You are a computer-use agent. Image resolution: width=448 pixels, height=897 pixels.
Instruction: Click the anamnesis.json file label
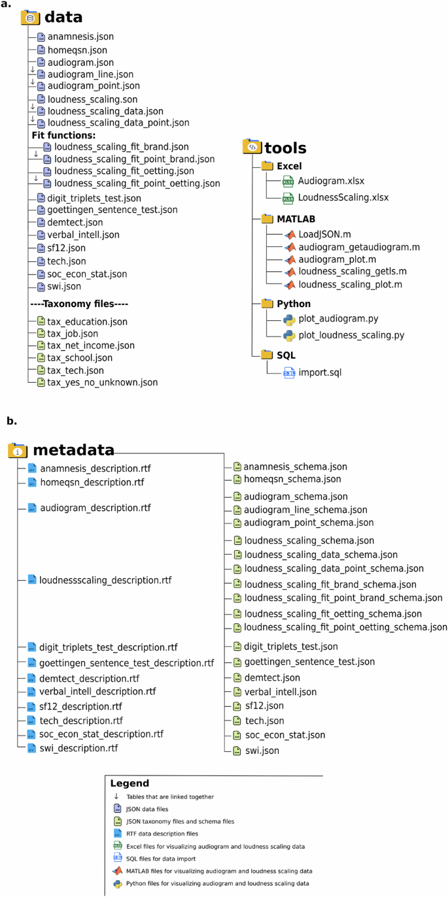coord(80,37)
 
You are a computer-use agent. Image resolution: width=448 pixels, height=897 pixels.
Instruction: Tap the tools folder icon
coord(252,147)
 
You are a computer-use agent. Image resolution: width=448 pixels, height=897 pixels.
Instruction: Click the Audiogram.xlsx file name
coord(332,181)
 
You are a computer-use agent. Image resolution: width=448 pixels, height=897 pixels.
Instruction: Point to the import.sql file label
coord(320,373)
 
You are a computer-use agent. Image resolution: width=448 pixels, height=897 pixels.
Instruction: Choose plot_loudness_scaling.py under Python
coord(351,335)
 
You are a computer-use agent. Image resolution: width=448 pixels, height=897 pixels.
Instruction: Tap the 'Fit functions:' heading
coord(63,136)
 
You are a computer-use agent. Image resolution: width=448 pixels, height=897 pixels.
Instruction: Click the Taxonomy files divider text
coord(79,304)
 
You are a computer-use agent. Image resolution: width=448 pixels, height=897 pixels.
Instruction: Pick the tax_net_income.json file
coord(91,346)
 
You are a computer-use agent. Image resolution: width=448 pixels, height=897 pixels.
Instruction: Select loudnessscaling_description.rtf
coord(104,580)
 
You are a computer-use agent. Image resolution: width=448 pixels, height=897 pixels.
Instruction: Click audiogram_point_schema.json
coord(308,523)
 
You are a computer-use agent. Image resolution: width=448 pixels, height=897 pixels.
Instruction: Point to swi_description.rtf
coord(78,748)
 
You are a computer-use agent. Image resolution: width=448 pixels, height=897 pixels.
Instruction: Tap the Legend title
coord(129,783)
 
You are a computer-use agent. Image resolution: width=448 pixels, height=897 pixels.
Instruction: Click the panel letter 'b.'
coord(12,421)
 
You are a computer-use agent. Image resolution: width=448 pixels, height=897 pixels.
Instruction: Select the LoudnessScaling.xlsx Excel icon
coord(288,197)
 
